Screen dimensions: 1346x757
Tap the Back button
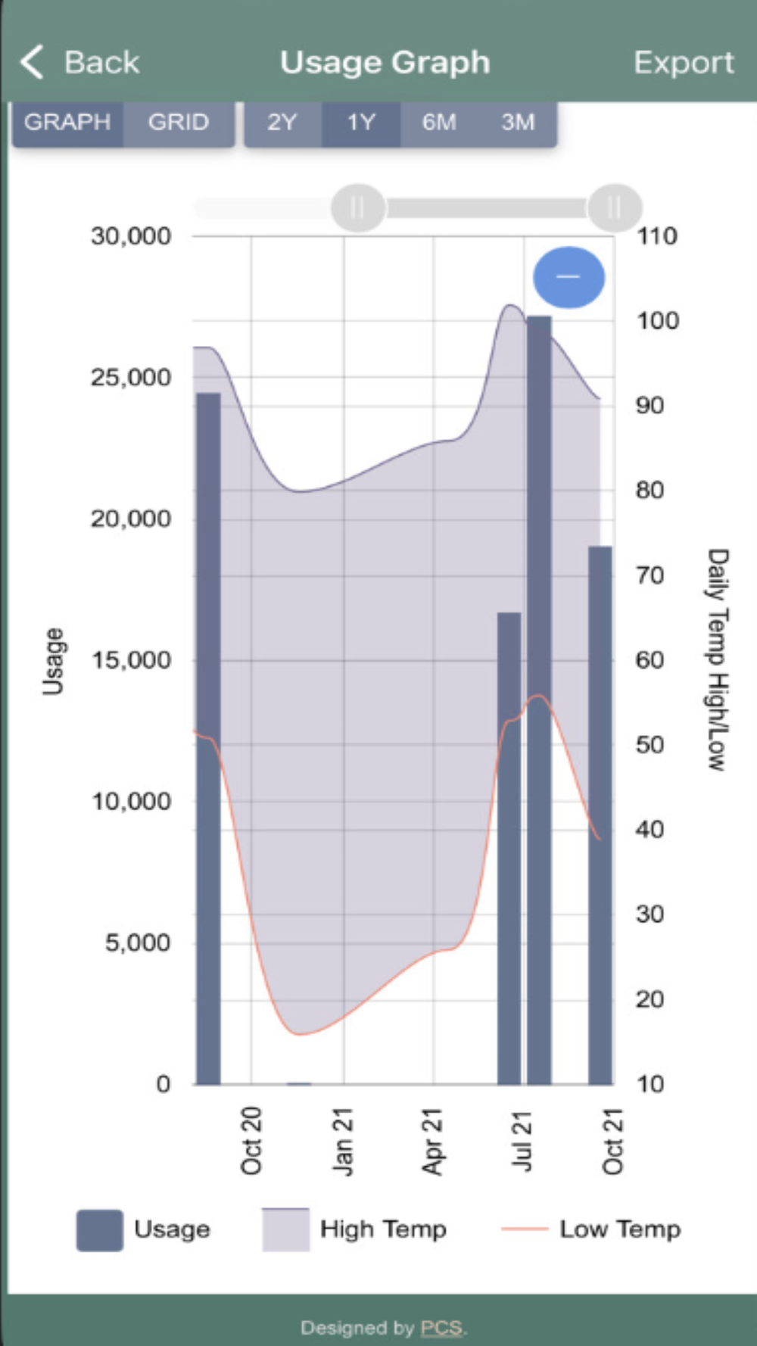80,62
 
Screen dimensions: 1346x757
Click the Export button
683,62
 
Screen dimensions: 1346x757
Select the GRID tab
179,122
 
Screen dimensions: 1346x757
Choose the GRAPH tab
67,122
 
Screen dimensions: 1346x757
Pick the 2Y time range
282,122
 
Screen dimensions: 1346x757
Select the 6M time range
439,122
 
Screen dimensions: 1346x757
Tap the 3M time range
518,122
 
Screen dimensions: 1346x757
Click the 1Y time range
361,122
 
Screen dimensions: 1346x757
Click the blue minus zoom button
569,277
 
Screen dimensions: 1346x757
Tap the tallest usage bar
539,681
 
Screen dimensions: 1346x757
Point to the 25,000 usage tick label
131,377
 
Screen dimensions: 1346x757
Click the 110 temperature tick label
656,236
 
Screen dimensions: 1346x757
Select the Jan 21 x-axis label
343,1141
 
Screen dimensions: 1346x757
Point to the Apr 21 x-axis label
432,1141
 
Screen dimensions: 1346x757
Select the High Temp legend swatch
285,1229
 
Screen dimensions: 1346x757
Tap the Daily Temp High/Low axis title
717,659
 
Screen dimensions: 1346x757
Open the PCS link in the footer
441,1327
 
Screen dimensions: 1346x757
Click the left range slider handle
357,207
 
